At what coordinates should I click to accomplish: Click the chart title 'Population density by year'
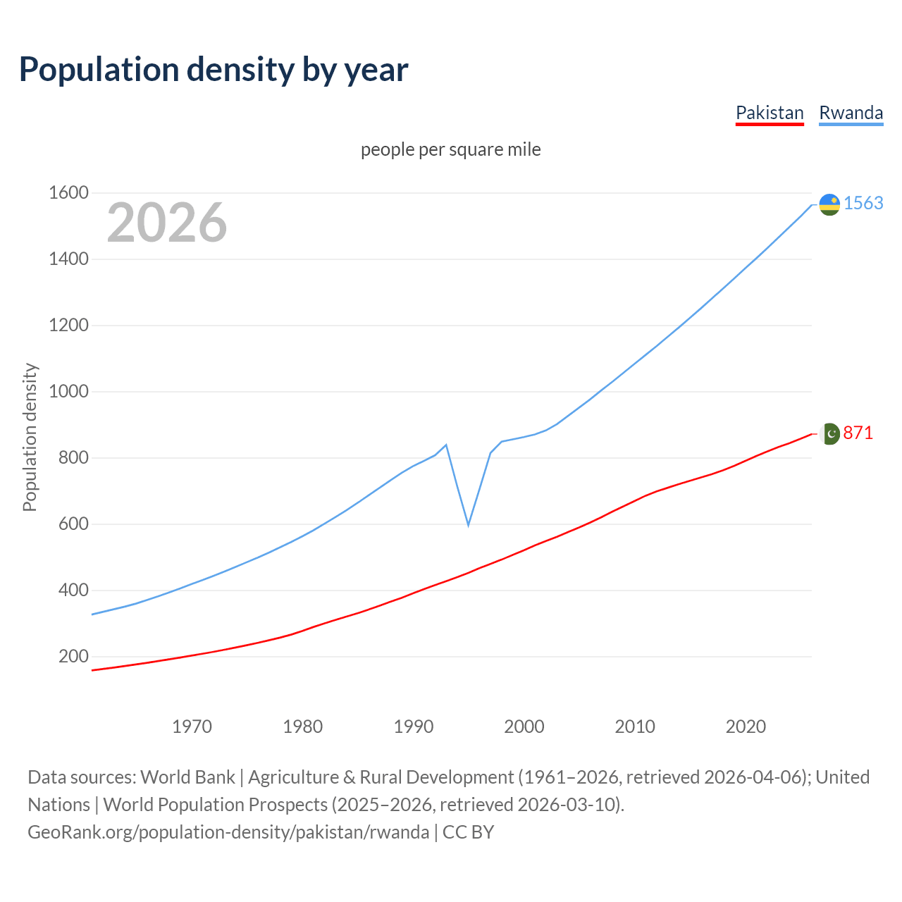coord(214,70)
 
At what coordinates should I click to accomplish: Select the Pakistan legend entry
coord(770,113)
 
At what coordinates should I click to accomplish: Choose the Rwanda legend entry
coord(851,113)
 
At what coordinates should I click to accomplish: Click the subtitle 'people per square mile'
coord(450,149)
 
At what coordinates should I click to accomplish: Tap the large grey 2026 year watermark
coord(167,223)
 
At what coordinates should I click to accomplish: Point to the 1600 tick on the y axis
coord(68,192)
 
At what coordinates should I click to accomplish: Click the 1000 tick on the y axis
coord(68,391)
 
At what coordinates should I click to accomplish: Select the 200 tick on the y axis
coord(73,656)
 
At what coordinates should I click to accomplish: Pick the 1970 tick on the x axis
coord(192,727)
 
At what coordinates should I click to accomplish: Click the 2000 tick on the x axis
coord(524,727)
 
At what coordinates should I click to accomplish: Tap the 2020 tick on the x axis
coord(746,727)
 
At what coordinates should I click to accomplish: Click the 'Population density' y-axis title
coord(30,437)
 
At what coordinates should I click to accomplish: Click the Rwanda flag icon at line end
coord(829,204)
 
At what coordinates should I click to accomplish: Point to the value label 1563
coord(863,203)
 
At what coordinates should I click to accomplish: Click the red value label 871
coord(858,433)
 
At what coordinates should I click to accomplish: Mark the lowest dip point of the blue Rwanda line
coord(468,525)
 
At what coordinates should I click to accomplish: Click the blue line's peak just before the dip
coord(446,445)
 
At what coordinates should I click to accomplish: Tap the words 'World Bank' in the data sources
coord(187,777)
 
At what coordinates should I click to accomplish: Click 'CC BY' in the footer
coord(468,832)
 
